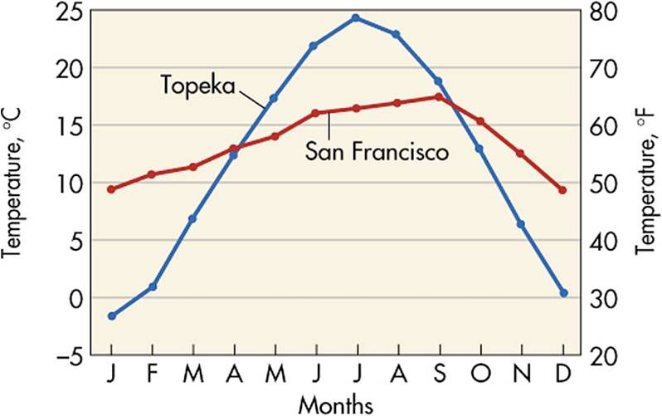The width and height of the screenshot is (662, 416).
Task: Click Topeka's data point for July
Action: (x=355, y=17)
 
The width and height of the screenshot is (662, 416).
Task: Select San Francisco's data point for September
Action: (x=437, y=97)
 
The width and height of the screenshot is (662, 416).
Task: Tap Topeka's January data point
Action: (x=111, y=316)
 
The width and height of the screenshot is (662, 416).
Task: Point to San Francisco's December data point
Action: (x=562, y=190)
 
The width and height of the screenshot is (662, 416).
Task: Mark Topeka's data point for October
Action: (x=479, y=149)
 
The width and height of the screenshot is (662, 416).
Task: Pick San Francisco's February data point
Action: (x=151, y=174)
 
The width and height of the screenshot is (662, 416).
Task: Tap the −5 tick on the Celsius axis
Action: (x=71, y=356)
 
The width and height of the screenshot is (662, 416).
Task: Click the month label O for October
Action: (x=479, y=375)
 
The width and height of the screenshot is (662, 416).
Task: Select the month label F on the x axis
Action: (x=151, y=375)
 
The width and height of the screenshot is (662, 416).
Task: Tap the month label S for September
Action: (x=437, y=375)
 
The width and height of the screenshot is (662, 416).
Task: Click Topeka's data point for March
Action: (x=192, y=218)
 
